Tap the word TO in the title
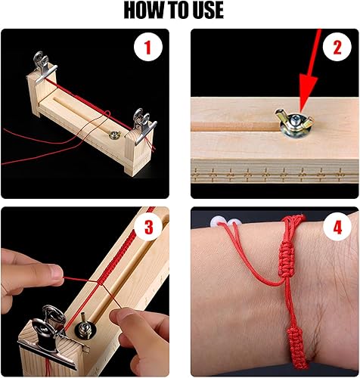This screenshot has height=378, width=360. point(175,11)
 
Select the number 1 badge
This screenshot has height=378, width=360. point(149,48)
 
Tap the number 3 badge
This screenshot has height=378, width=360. point(149,225)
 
